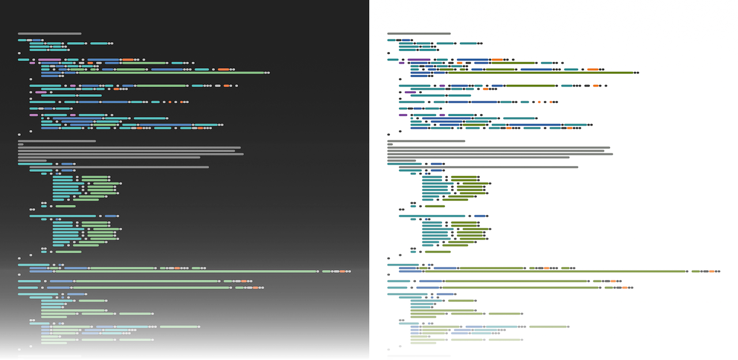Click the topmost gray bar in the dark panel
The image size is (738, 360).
coord(50,33)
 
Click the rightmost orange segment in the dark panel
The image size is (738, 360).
coord(342,271)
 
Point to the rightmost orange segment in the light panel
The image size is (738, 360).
coord(711,271)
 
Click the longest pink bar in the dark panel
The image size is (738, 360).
coord(50,59)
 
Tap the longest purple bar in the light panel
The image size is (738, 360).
coord(419,59)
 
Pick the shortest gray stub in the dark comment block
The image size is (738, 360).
coord(21,144)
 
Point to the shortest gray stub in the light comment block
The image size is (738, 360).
coord(390,144)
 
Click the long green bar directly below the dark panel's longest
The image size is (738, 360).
coord(147,281)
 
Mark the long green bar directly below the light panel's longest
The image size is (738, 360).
coord(517,281)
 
